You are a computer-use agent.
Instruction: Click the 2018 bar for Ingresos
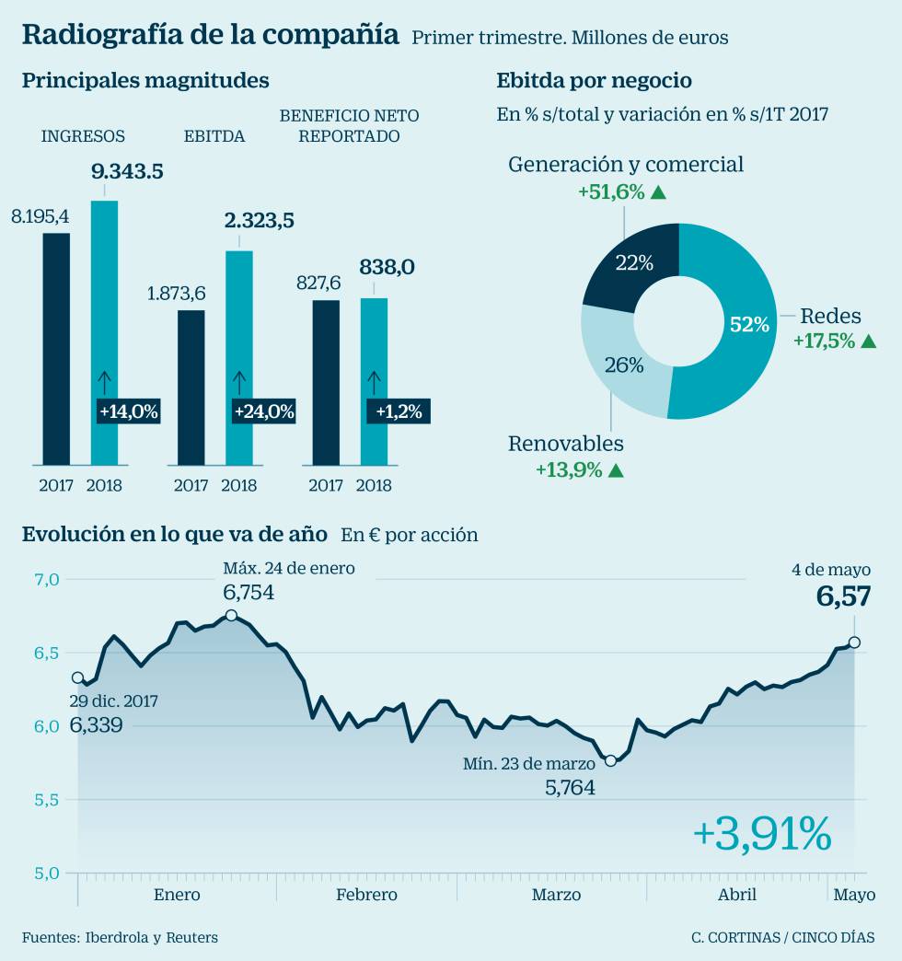tap(104, 331)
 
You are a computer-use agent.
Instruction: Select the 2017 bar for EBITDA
tap(191, 387)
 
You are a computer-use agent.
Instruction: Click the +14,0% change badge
tap(127, 411)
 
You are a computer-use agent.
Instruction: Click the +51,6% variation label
tap(611, 191)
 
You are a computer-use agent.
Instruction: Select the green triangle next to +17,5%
tap(867, 341)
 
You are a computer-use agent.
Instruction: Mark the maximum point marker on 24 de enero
tap(231, 615)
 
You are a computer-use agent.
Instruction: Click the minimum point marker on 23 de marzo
tap(610, 760)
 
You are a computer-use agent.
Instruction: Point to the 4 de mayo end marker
tap(855, 643)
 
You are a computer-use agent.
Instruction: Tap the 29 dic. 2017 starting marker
tap(77, 677)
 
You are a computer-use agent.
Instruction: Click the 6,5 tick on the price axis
tap(47, 653)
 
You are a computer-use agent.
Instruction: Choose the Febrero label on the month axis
tap(366, 895)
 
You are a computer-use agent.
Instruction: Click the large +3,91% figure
tap(761, 833)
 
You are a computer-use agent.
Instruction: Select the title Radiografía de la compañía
tap(210, 35)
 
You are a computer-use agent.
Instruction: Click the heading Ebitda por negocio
tap(594, 81)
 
